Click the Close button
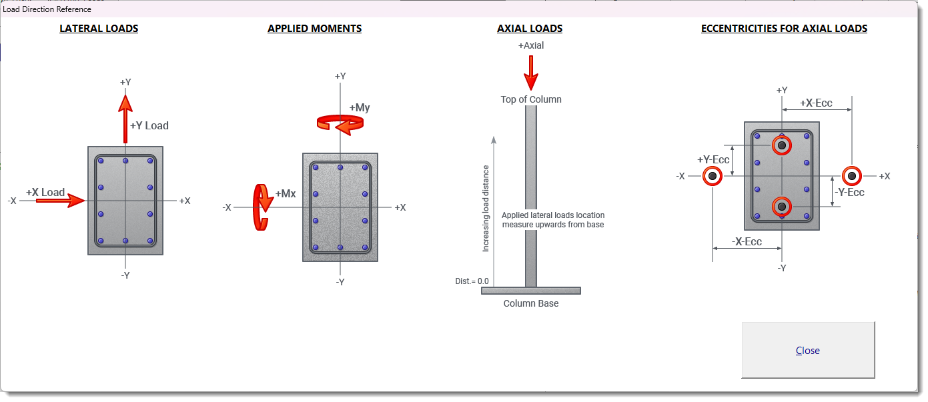807,351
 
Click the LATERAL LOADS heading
99,29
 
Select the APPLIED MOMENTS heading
314,29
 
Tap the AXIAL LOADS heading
530,29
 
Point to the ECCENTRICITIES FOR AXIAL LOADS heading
784,29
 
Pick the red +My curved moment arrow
340,123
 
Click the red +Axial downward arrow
531,73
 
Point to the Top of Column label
531,99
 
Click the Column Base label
531,303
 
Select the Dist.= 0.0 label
472,281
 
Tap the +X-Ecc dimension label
816,103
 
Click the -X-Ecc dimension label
747,241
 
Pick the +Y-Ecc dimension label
713,160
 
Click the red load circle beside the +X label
851,176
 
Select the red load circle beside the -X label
713,176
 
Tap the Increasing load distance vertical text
486,208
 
